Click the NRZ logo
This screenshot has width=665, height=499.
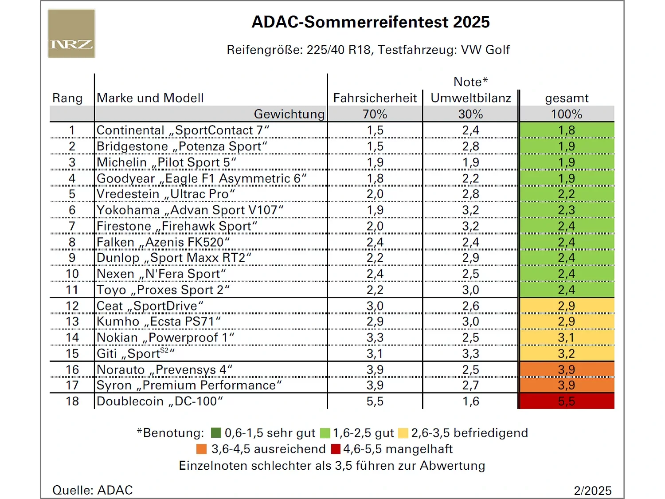pos(71,34)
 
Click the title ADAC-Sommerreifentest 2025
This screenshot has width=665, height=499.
pos(371,22)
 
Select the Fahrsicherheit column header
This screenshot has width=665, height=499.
pos(375,98)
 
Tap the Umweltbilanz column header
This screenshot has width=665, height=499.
pos(471,98)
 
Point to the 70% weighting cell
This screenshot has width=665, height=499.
pos(375,114)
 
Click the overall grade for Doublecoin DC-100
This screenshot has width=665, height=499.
pos(567,401)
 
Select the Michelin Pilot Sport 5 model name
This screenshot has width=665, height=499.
pos(166,162)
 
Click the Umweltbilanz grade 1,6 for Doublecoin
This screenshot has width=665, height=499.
pos(471,401)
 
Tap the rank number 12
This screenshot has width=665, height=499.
pos(72,306)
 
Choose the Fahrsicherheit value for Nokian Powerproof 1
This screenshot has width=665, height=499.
pos(375,338)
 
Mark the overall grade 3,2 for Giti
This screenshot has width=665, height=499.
pos(567,354)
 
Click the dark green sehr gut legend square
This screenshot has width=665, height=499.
pos(216,433)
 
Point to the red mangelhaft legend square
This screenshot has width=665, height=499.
pos(336,449)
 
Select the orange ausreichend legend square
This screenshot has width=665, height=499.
pos(202,449)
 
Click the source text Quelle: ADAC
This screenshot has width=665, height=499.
pos(93,490)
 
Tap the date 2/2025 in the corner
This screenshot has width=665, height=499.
pos(593,491)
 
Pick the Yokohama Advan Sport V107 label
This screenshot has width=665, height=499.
pos(190,210)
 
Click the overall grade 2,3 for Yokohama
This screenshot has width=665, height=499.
pos(567,210)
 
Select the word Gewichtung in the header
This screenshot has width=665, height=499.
pos(289,114)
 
